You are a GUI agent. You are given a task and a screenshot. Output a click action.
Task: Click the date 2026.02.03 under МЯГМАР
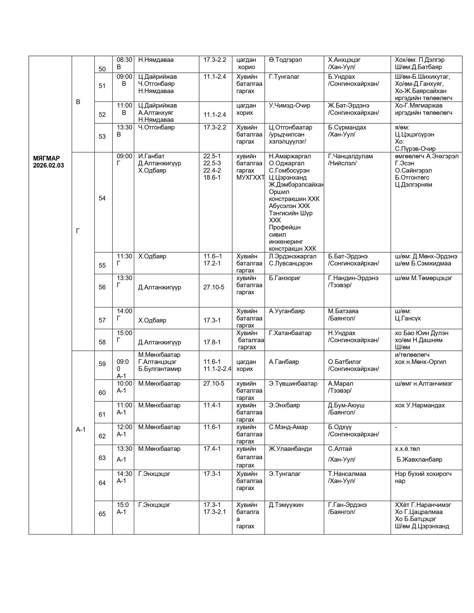point(49,166)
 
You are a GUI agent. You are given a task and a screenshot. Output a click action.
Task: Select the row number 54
point(102,198)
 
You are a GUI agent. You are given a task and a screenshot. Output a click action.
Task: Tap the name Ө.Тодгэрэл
point(285,60)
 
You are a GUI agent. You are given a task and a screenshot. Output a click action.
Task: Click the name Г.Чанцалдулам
point(350,156)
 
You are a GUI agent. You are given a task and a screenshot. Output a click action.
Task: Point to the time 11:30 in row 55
point(124,256)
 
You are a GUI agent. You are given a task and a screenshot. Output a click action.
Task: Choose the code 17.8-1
point(212,342)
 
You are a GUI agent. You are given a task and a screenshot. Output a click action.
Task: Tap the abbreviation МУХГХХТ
point(250,177)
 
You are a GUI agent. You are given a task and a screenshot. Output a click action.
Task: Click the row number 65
point(102,514)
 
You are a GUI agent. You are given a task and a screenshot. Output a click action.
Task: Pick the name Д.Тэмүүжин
point(286,505)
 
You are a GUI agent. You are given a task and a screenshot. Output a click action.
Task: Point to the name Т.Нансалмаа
point(347,474)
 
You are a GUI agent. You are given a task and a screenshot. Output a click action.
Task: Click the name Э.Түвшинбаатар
point(293,383)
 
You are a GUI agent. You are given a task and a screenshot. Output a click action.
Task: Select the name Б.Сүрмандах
point(347,128)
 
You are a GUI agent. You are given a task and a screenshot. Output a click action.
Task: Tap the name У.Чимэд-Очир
point(290,106)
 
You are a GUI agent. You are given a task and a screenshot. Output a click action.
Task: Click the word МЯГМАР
point(46,158)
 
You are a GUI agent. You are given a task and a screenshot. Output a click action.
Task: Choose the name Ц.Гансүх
point(408,318)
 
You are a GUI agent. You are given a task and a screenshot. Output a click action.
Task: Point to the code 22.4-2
point(212,171)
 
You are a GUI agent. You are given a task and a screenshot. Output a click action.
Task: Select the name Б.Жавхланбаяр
point(419,459)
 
